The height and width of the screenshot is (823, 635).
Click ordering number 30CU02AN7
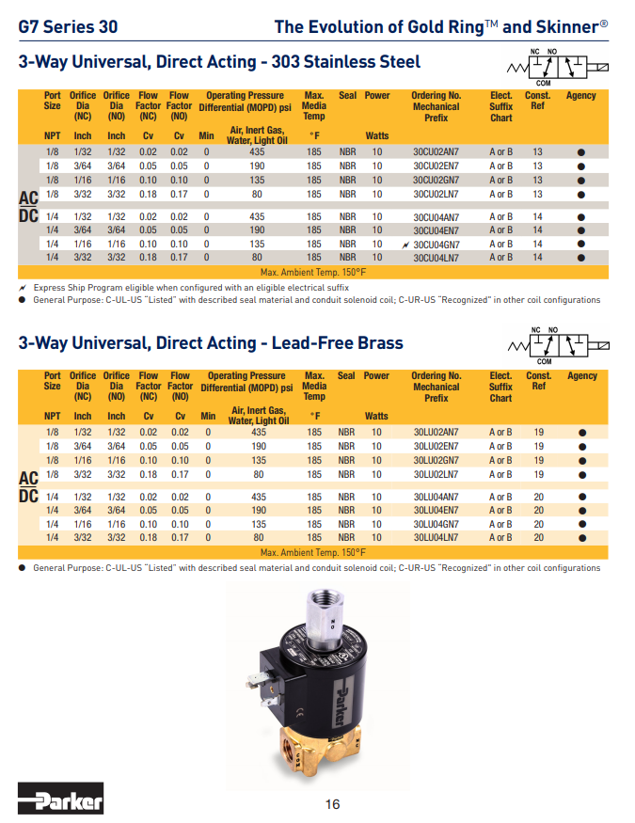(436, 151)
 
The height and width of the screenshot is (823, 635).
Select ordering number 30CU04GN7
(436, 244)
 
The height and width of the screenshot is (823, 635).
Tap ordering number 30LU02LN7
(436, 475)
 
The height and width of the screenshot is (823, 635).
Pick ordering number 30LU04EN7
(436, 511)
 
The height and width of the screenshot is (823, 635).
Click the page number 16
(332, 803)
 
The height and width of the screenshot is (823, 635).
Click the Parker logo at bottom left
(61, 801)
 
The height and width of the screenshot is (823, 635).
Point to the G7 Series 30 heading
(68, 26)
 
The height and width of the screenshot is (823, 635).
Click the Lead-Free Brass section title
(211, 343)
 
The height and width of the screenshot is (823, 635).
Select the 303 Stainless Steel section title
(219, 63)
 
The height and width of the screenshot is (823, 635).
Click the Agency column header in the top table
(580, 96)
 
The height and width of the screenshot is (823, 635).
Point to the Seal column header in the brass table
(346, 375)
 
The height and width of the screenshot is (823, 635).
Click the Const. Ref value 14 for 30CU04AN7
(537, 216)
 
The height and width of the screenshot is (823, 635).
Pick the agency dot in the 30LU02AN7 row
(581, 433)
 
